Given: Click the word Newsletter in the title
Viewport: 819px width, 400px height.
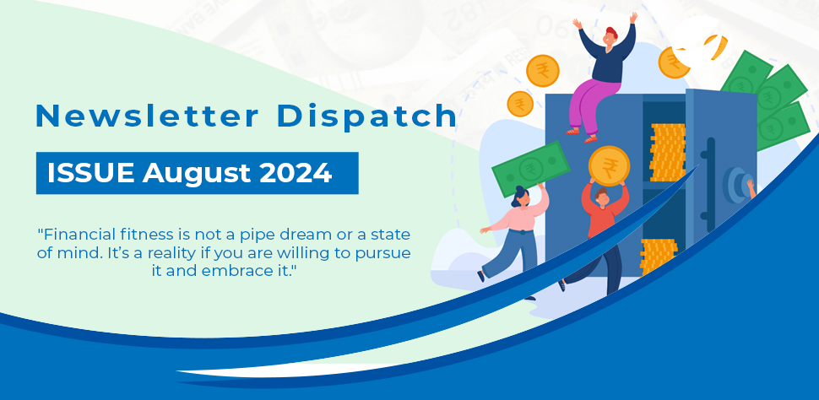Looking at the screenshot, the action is click(147, 116).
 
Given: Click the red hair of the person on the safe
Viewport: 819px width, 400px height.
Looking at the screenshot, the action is click(611, 33).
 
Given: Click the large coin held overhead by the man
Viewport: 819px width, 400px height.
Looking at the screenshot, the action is click(609, 165).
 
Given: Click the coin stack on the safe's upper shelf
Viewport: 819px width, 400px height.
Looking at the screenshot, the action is click(667, 152).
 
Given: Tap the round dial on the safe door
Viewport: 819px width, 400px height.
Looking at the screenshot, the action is click(737, 185).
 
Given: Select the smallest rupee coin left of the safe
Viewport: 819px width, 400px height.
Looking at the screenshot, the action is click(520, 104).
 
